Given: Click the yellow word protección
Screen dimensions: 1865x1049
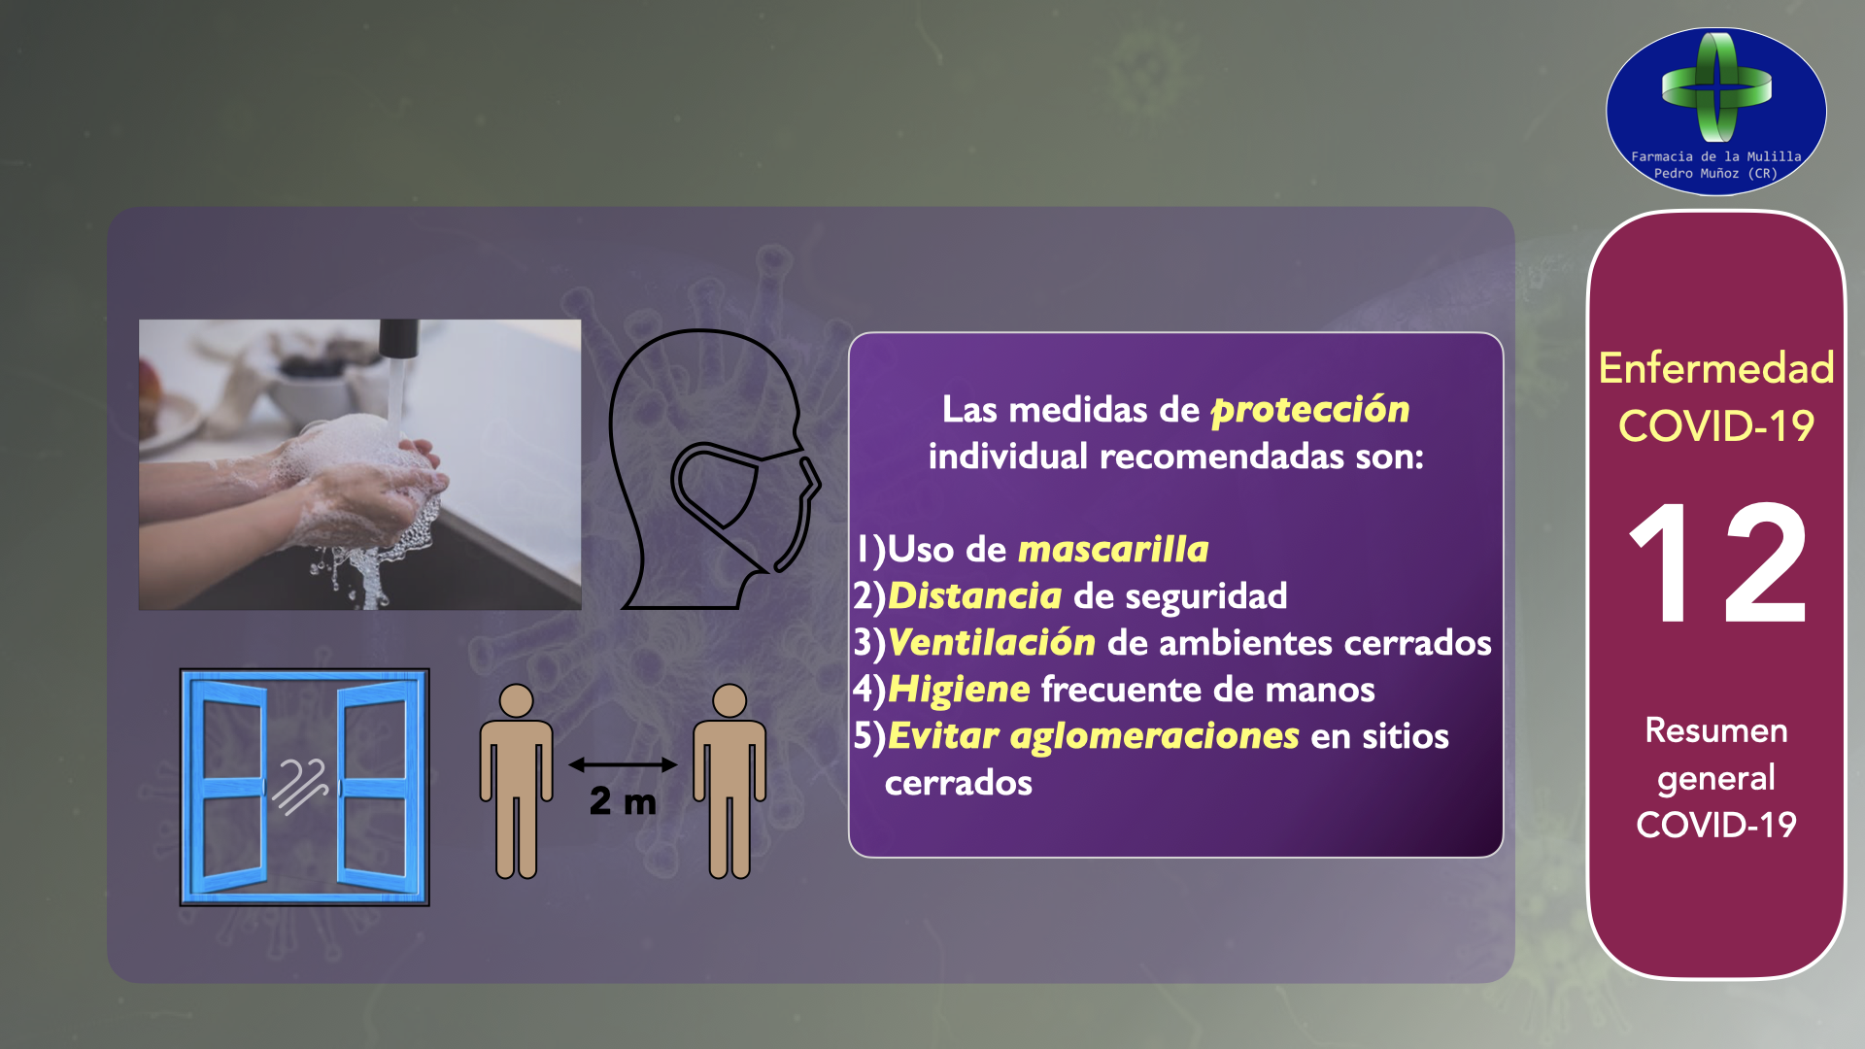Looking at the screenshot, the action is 1310,410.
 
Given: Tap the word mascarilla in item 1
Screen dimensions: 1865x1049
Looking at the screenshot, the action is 1113,550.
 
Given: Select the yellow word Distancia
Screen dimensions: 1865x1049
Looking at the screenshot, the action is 974,595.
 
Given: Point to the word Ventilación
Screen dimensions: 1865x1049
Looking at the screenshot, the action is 992,642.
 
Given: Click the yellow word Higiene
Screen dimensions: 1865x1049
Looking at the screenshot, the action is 959,690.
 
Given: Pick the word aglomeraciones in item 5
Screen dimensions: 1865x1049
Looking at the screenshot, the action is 1155,736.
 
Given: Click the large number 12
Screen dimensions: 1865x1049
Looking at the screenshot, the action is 1716,563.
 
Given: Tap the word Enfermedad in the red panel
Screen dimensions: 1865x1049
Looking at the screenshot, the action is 1716,368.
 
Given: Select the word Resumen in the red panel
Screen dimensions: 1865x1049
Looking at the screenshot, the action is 1716,730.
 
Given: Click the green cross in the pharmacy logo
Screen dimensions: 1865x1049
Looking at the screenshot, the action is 1717,87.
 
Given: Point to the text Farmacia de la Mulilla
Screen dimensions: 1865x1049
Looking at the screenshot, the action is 1716,156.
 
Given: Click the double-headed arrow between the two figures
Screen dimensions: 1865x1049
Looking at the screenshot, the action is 623,764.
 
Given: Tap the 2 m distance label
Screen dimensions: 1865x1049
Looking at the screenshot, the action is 623,801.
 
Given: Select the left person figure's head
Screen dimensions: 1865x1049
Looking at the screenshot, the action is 516,700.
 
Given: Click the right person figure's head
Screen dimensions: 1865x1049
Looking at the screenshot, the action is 729,700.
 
